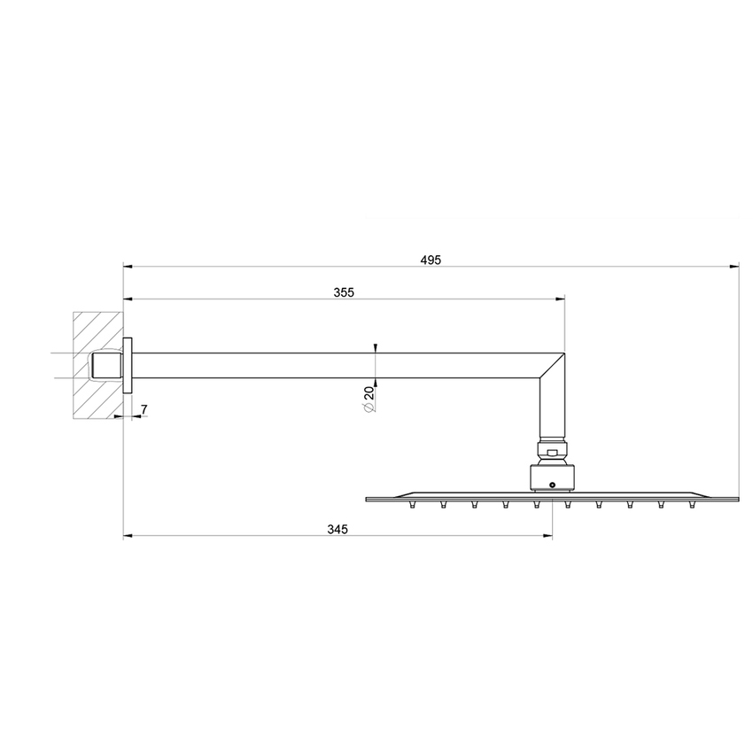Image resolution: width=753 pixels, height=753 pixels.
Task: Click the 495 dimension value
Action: (431, 260)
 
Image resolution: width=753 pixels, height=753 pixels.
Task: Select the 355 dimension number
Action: (345, 293)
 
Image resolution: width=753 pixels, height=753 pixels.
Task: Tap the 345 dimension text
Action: (337, 530)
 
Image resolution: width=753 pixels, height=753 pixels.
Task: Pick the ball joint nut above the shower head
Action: (553, 453)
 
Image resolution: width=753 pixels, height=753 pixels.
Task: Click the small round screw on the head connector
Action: (553, 485)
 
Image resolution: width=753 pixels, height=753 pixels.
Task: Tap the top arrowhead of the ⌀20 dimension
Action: (376, 346)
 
